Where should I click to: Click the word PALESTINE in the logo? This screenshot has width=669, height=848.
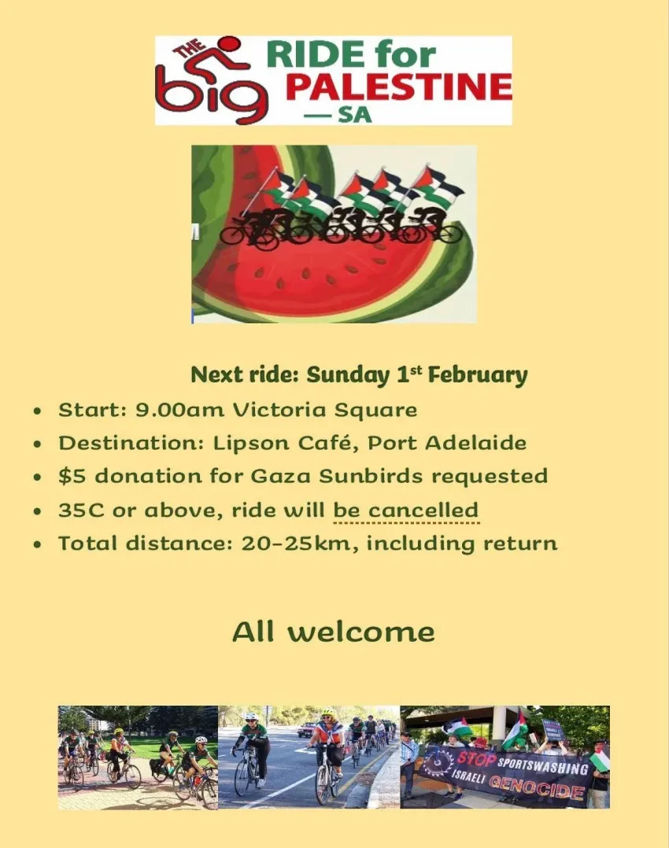pyautogui.click(x=397, y=87)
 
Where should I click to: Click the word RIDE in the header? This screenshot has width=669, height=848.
pyautogui.click(x=316, y=55)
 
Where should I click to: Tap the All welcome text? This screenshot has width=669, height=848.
pyautogui.click(x=334, y=632)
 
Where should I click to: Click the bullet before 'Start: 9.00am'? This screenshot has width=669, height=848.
pyautogui.click(x=38, y=411)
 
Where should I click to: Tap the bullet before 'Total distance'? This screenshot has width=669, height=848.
pyautogui.click(x=38, y=544)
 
